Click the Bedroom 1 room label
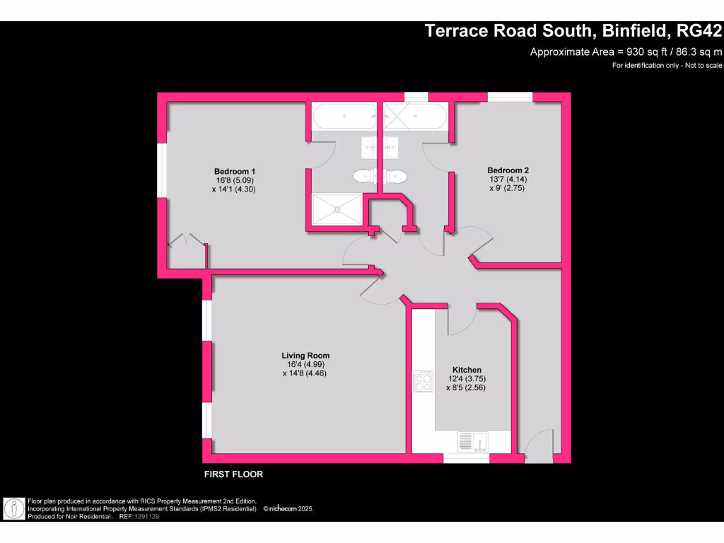point(234,172)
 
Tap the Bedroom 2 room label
point(508,170)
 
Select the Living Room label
point(305,356)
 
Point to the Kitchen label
point(467,370)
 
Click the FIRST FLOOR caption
point(233,474)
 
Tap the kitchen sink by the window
point(474,441)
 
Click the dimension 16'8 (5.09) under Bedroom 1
point(234,180)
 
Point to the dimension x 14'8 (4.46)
point(305,373)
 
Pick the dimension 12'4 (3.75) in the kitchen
point(467,379)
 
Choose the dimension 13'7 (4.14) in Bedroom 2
point(508,180)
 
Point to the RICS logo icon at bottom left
point(13,508)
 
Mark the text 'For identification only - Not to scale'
point(667,66)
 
